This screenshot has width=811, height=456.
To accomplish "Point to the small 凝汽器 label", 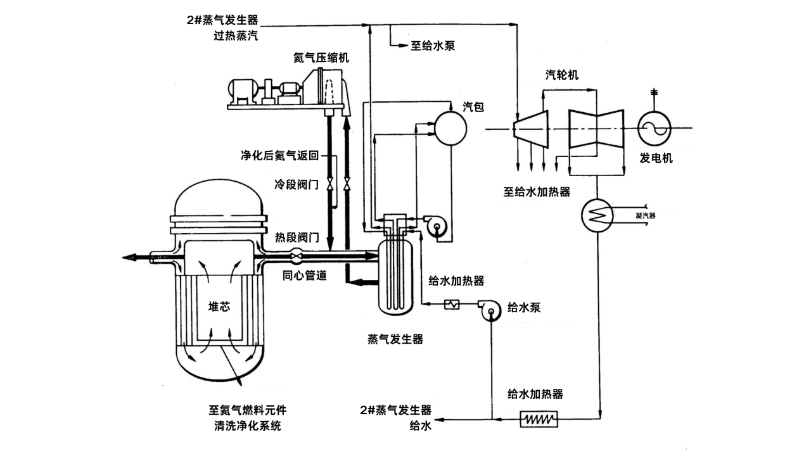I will point(645,215).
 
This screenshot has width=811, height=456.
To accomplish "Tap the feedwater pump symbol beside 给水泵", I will point(492,310).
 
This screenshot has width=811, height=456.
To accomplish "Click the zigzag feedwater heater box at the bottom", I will point(539,419).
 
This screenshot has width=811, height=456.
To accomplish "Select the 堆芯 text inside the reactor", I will point(219,307).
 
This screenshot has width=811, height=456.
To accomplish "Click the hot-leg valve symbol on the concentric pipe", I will point(296,255).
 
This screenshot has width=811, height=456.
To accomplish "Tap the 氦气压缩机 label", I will point(321,58).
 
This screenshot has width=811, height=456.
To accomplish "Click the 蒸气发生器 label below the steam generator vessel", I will point(395,339).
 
